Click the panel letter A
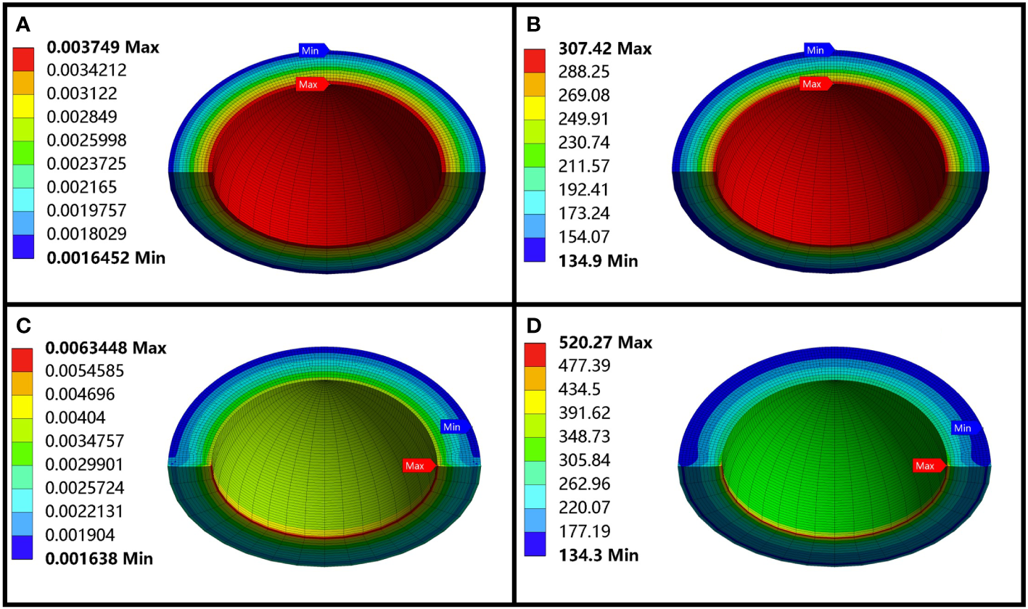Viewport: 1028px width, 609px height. (22, 25)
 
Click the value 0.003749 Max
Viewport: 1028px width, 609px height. (103, 48)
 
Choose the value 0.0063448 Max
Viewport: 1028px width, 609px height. (106, 348)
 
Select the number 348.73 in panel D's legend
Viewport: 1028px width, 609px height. (579, 437)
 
